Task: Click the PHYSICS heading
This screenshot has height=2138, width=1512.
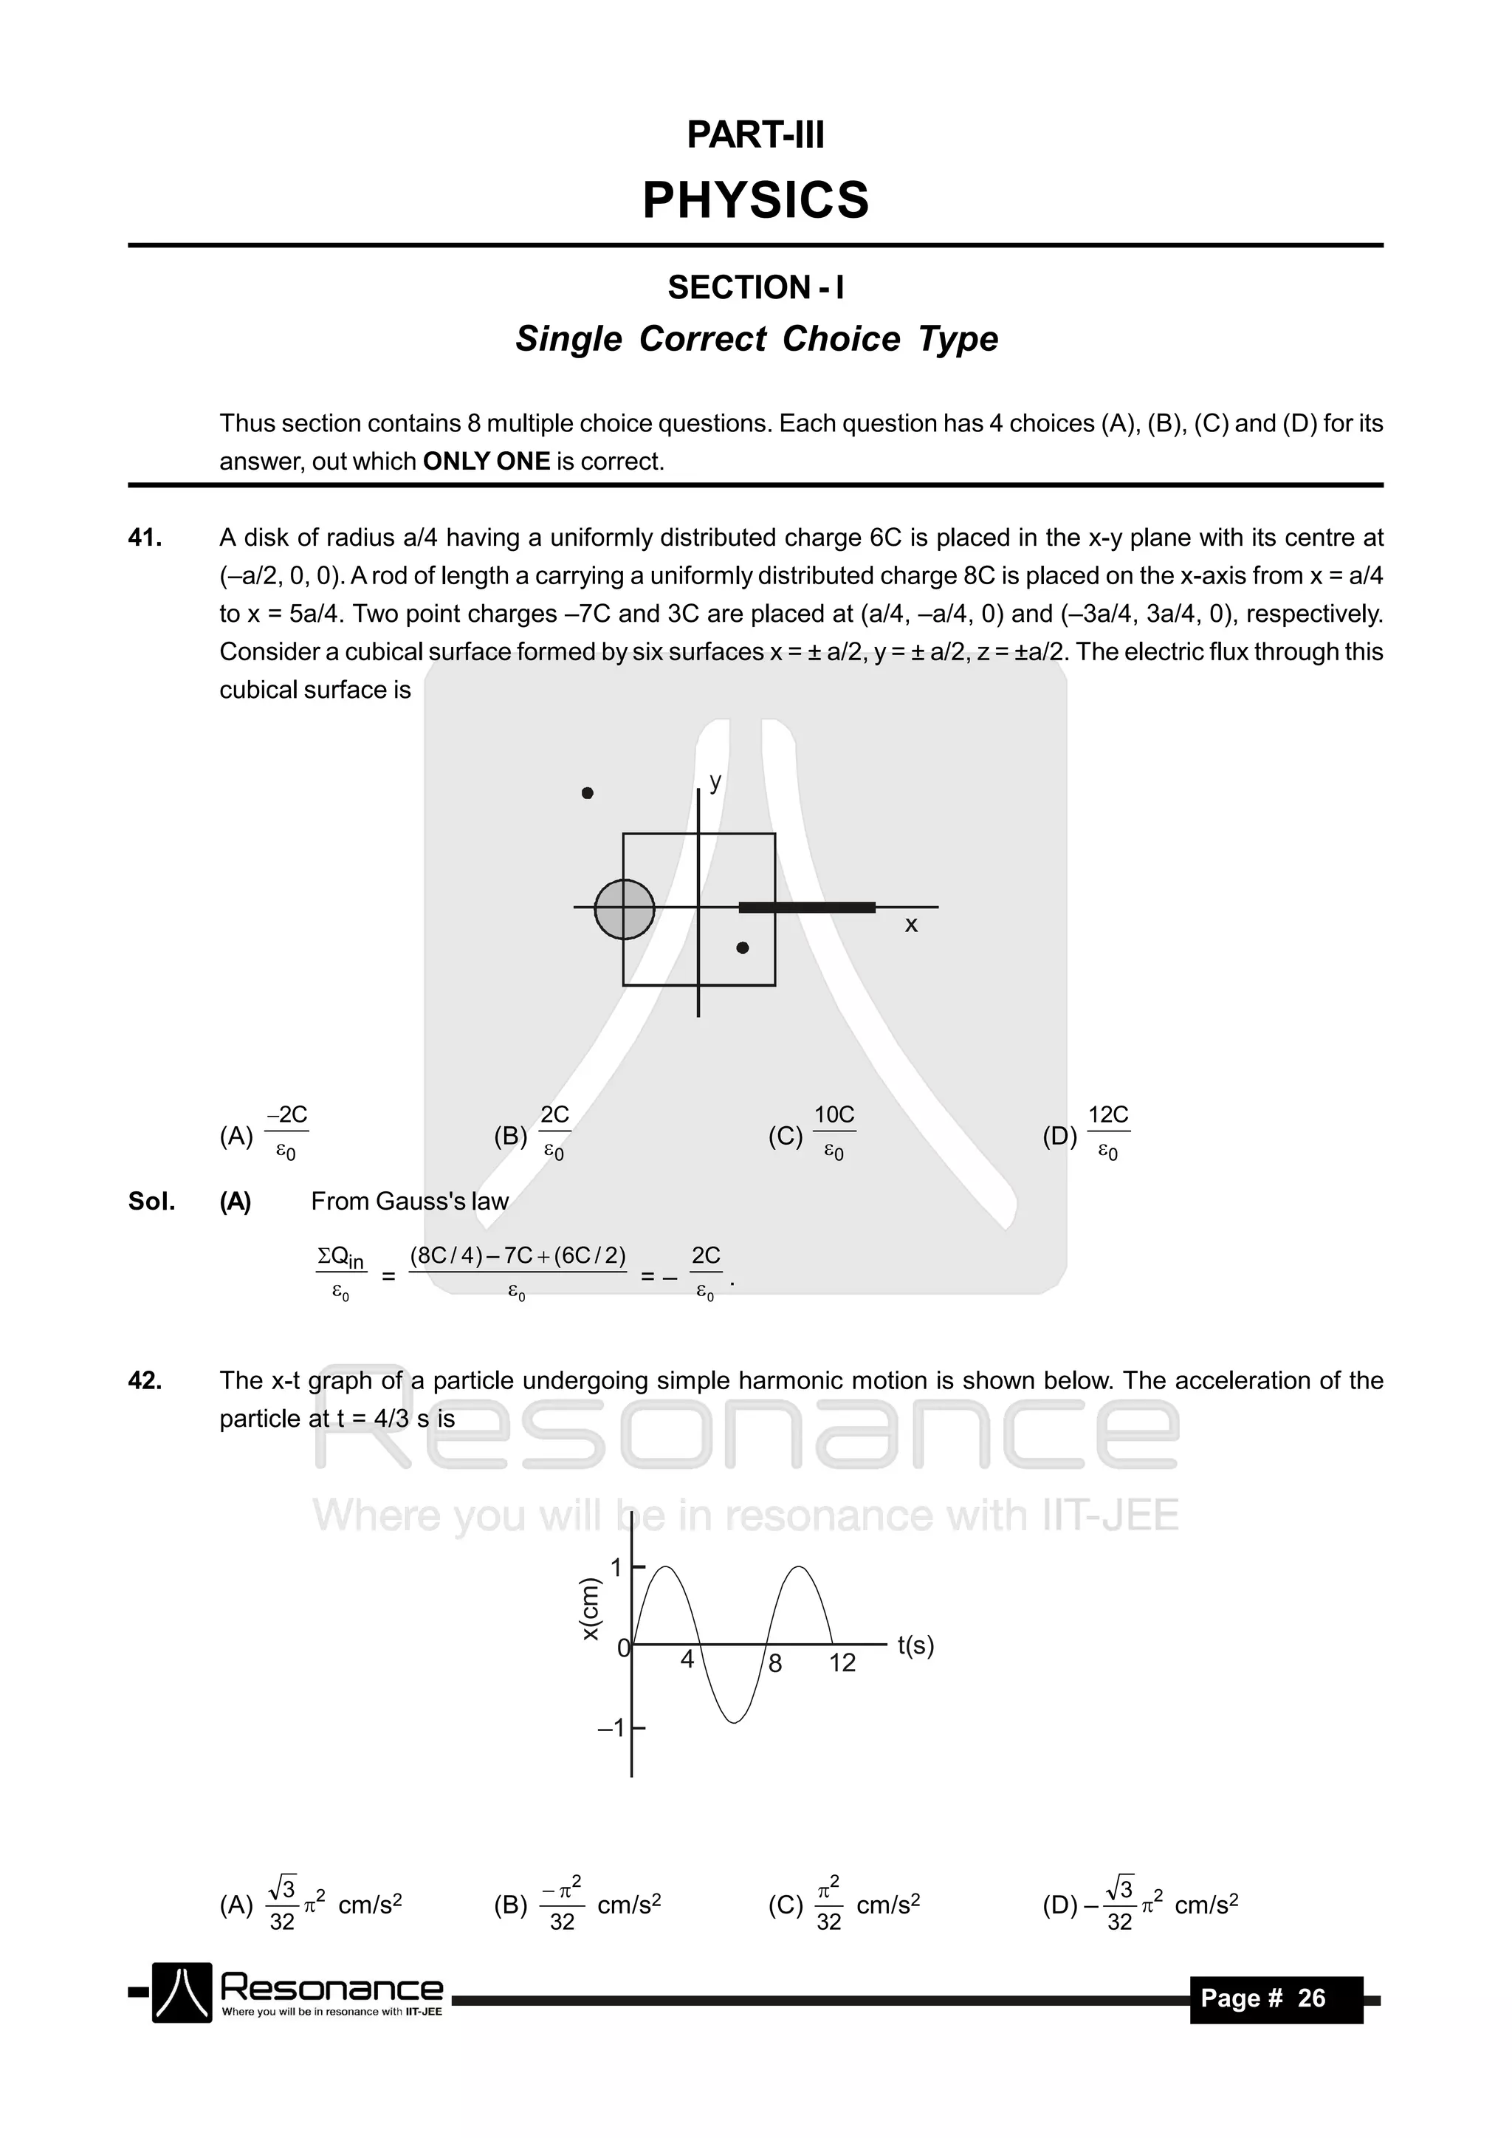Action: click(755, 200)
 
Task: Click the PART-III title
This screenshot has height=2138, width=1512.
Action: click(755, 135)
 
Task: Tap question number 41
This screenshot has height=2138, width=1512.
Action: click(145, 538)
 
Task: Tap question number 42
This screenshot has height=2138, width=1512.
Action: click(145, 1380)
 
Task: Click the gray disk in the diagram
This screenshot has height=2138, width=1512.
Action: click(624, 909)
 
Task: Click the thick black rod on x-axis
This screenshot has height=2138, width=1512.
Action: click(806, 907)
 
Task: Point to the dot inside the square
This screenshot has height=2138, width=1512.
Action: click(742, 948)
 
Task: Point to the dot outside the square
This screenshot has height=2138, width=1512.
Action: click(588, 793)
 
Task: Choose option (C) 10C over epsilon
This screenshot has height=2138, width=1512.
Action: click(813, 1134)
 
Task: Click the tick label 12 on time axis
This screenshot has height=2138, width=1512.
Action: click(842, 1663)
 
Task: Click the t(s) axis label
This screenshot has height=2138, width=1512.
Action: click(915, 1645)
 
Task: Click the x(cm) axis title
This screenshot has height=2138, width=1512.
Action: click(591, 1609)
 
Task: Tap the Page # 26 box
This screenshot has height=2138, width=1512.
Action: click(1276, 1998)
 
